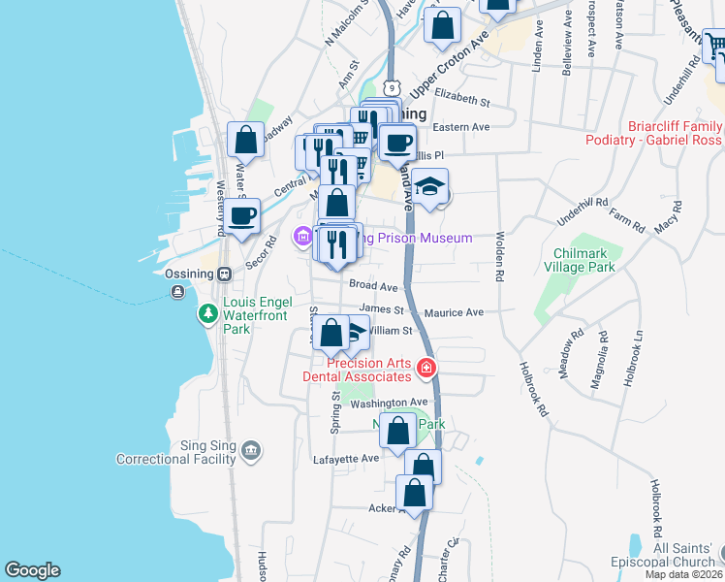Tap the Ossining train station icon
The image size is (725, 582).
point(224,274)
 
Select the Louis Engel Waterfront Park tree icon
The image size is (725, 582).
point(207,313)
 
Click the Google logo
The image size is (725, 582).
point(32,570)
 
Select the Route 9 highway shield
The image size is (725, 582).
point(392,88)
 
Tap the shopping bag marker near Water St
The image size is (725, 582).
point(246,140)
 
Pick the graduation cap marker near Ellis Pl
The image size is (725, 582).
point(430,186)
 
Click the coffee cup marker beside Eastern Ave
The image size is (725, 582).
point(395,144)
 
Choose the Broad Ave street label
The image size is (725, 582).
point(374,287)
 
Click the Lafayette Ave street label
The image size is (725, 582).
point(345,458)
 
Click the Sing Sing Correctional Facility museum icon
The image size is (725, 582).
point(251,448)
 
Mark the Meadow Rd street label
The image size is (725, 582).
point(578,346)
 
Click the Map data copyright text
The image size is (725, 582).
point(684,574)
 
